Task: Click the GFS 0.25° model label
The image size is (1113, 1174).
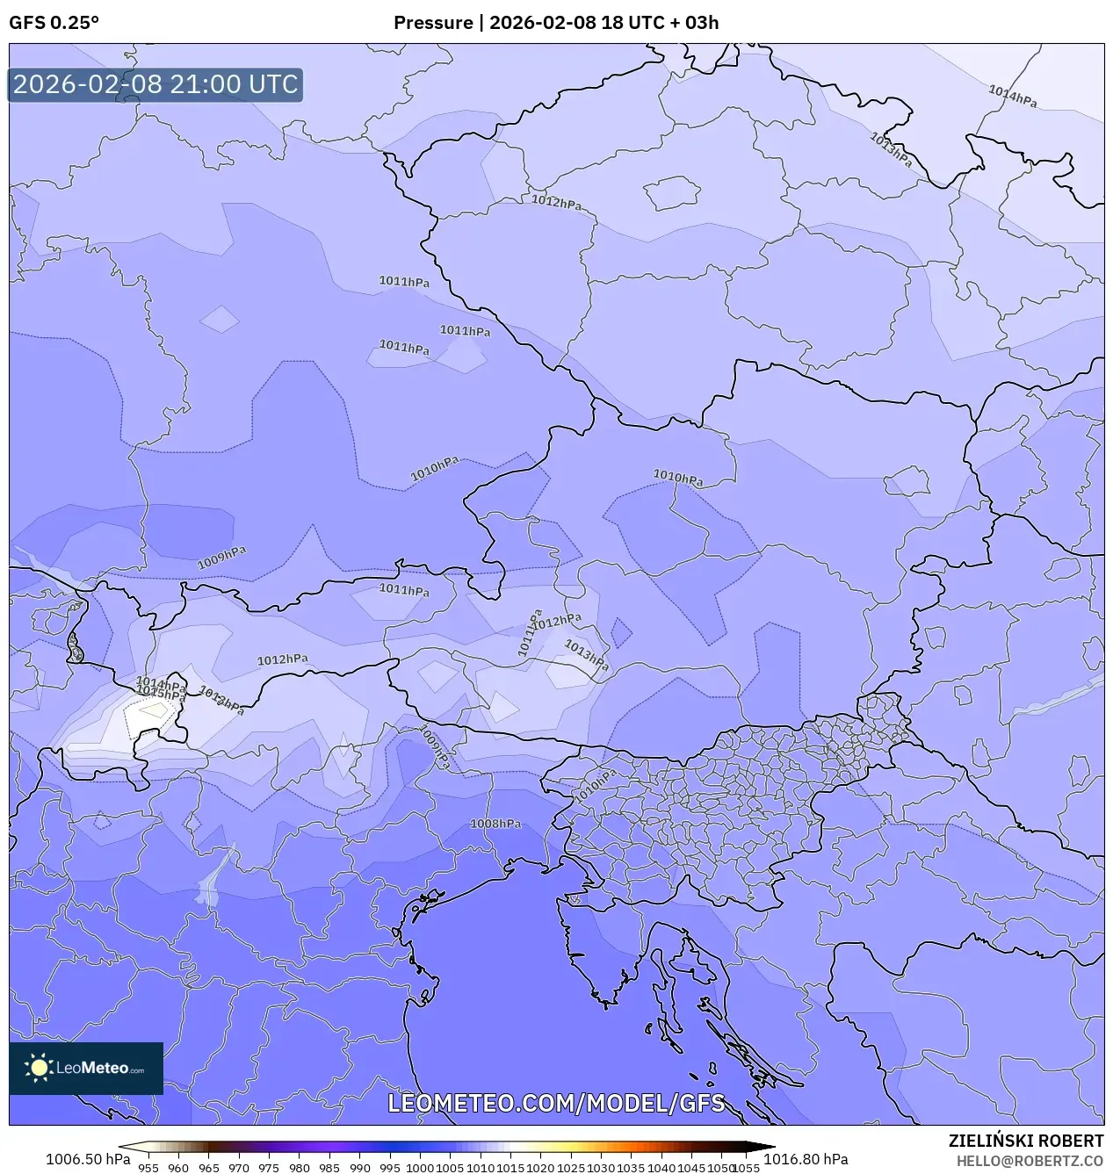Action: click(54, 23)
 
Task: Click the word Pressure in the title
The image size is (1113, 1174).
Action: click(432, 23)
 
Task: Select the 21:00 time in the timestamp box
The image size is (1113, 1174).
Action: click(212, 84)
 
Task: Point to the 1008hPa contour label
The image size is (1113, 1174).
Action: click(495, 824)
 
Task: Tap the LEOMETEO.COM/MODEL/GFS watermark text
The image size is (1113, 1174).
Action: click(556, 1103)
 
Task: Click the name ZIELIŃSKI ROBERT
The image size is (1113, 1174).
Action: click(1025, 1141)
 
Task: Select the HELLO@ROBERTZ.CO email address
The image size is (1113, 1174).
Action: click(1030, 1161)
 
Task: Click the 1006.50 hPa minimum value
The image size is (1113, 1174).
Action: click(88, 1159)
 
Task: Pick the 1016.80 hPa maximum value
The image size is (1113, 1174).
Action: click(806, 1159)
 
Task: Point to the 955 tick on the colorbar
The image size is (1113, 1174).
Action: click(148, 1168)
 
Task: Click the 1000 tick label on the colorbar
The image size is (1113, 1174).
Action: click(420, 1168)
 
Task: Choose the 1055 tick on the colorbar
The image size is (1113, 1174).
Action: click(746, 1168)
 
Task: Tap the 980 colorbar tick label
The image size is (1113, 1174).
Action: click(300, 1168)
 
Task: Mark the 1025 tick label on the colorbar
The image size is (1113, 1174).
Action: click(571, 1168)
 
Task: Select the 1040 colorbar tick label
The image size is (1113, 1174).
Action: click(661, 1168)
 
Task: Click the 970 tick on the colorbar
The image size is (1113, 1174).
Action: click(239, 1168)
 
